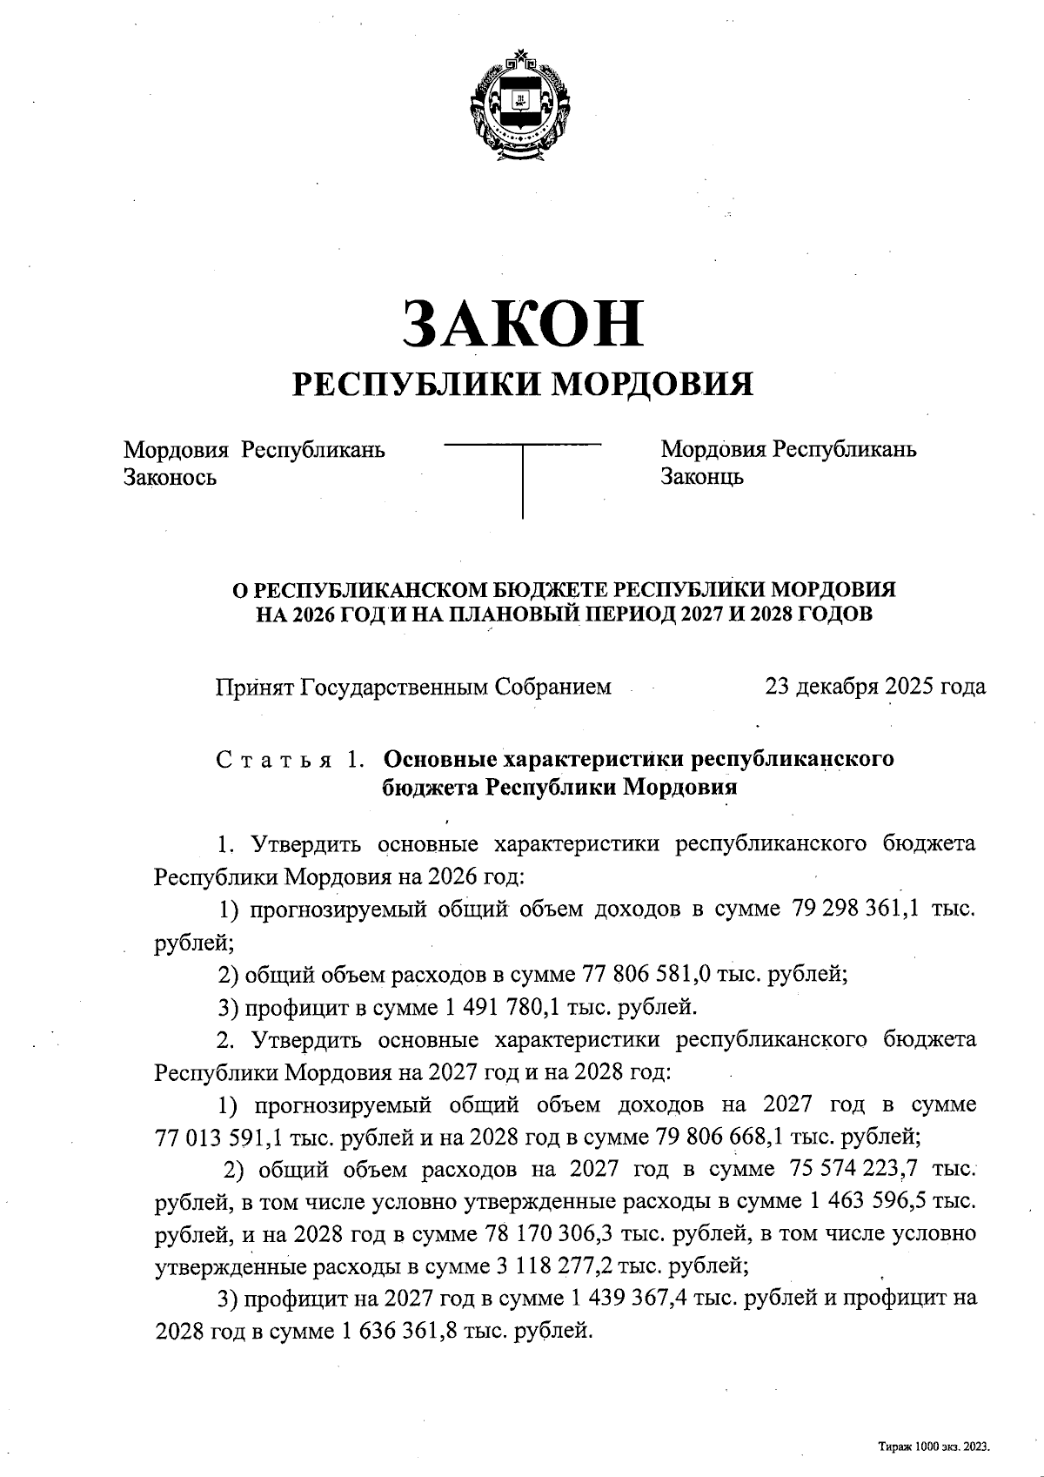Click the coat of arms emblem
tap(521, 108)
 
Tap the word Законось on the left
tap(170, 477)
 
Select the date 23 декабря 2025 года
tap(875, 687)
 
